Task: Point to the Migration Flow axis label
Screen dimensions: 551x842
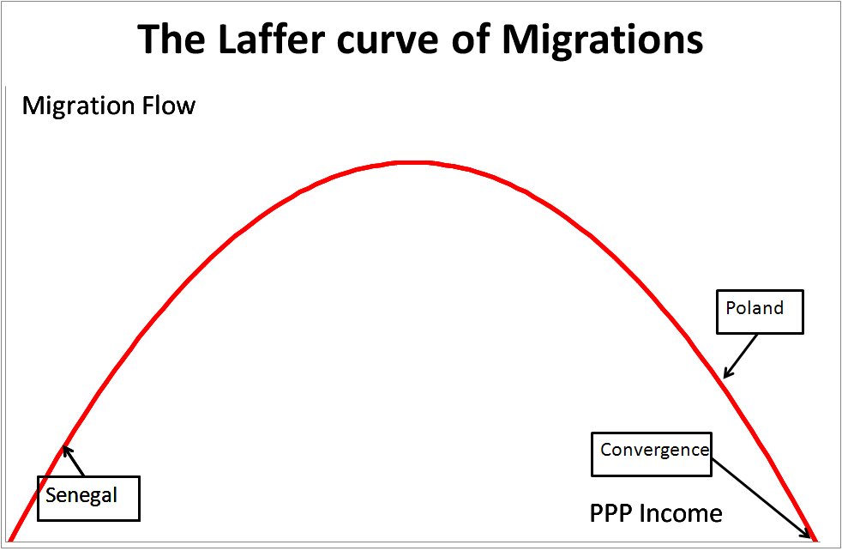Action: point(109,106)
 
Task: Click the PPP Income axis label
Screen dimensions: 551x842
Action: point(656,513)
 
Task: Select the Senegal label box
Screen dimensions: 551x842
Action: point(88,497)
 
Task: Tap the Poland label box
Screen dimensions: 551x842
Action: point(760,311)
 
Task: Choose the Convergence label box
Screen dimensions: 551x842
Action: point(652,453)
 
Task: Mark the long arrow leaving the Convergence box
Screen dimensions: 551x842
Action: point(761,496)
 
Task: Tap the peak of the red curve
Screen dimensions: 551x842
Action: point(412,162)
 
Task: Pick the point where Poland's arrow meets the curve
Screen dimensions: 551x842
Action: point(725,377)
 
